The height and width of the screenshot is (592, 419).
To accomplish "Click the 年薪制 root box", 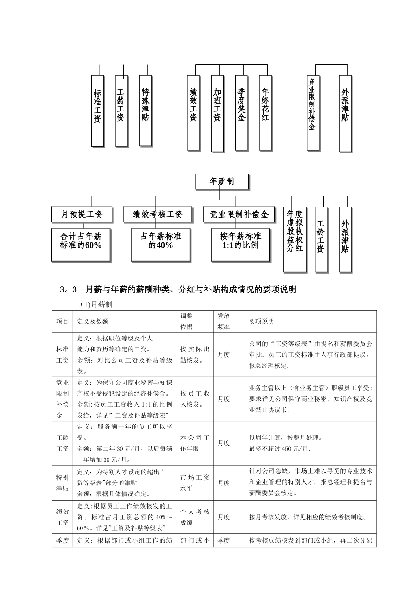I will [x=222, y=181].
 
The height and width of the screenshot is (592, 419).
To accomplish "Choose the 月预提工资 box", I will [x=82, y=215].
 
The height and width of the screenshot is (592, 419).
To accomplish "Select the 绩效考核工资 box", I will [x=157, y=215].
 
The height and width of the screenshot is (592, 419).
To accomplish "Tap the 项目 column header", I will [x=63, y=322].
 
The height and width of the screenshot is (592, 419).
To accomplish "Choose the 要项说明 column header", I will [x=262, y=322].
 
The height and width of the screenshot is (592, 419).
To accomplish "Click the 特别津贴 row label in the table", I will [x=63, y=483].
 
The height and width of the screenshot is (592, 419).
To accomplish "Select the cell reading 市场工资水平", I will [x=195, y=483].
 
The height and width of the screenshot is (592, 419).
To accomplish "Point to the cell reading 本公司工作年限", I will [x=195, y=443].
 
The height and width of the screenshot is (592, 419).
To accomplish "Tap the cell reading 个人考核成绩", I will [x=195, y=517].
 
